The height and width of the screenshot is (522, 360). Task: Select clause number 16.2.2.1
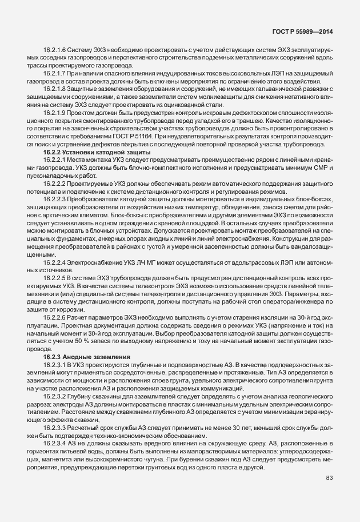(55, 161)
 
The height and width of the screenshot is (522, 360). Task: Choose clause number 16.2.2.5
(55, 277)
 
